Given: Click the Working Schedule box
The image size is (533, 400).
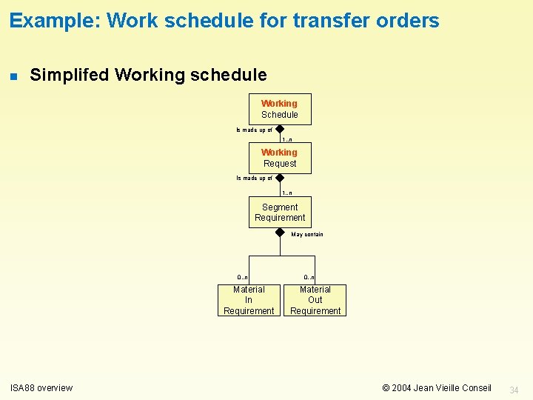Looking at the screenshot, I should pyautogui.click(x=280, y=109).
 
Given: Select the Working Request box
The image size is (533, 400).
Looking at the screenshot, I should pyautogui.click(x=280, y=158).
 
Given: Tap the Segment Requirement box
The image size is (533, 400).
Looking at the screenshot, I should pyautogui.click(x=280, y=212).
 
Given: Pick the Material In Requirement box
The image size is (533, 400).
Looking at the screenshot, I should pyautogui.click(x=249, y=300).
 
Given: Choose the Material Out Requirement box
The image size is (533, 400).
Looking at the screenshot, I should pyautogui.click(x=315, y=300).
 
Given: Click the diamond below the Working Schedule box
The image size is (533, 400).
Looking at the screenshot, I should pyautogui.click(x=280, y=129).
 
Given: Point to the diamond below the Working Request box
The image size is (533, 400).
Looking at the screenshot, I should pyautogui.click(x=280, y=178).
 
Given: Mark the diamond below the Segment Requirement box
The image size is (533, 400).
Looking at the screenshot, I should pyautogui.click(x=280, y=232).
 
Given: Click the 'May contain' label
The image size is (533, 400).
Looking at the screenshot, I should pyautogui.click(x=307, y=235).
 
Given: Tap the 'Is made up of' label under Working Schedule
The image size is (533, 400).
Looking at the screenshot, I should pyautogui.click(x=254, y=130).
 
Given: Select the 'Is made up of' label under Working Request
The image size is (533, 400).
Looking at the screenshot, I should pyautogui.click(x=254, y=179).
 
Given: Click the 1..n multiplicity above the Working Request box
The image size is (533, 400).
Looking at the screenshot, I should pyautogui.click(x=286, y=139).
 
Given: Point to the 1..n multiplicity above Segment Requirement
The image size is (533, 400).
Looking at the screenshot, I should pyautogui.click(x=286, y=193).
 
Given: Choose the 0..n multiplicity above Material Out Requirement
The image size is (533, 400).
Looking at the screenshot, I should pyautogui.click(x=309, y=278).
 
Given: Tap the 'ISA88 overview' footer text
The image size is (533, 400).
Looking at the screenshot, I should pyautogui.click(x=41, y=387).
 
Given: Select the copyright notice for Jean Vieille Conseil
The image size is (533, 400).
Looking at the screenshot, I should pyautogui.click(x=436, y=387).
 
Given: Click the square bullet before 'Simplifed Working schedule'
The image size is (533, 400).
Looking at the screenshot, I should pyautogui.click(x=13, y=76).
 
